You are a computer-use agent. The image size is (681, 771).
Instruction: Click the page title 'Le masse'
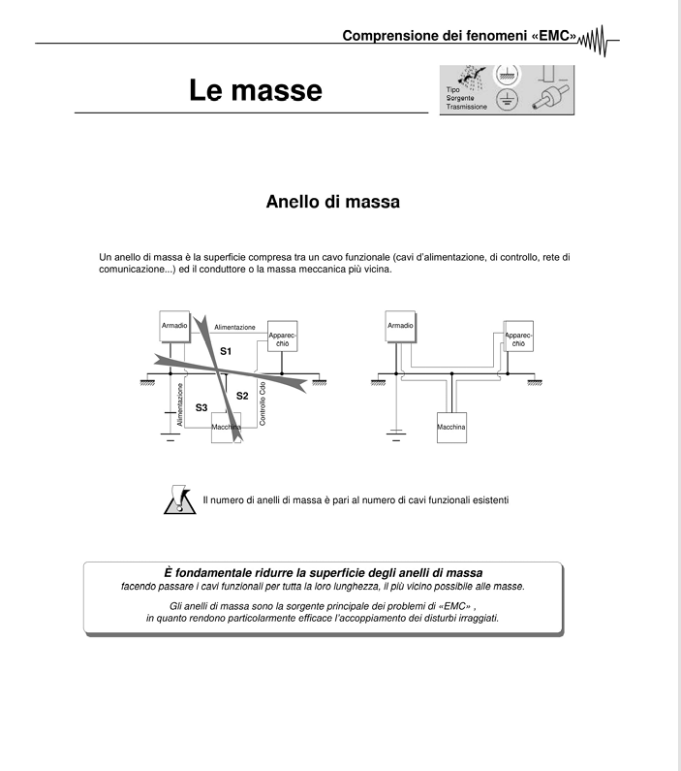tap(255, 91)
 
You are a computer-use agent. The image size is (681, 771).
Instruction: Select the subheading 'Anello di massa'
tap(333, 204)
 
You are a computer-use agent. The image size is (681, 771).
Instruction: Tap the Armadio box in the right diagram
tap(399, 327)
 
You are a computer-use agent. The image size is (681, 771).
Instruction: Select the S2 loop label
tap(242, 396)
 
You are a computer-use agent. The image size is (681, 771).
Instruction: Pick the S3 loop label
tap(201, 408)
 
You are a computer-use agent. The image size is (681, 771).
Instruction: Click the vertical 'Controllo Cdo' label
tap(263, 402)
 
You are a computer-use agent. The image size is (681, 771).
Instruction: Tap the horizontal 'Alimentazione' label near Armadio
tap(234, 328)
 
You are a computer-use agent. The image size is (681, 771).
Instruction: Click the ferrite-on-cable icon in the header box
tap(548, 102)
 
